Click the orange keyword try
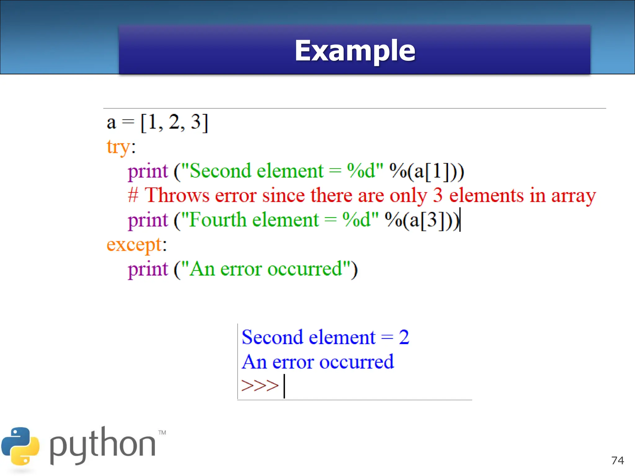(118, 147)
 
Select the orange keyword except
(134, 245)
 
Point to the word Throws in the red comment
(177, 196)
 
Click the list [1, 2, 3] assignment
(174, 123)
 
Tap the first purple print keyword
(148, 171)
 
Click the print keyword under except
(148, 269)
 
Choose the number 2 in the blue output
(404, 337)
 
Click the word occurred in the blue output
(357, 362)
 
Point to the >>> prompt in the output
(260, 386)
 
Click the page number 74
(617, 461)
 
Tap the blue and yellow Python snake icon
(20, 446)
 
